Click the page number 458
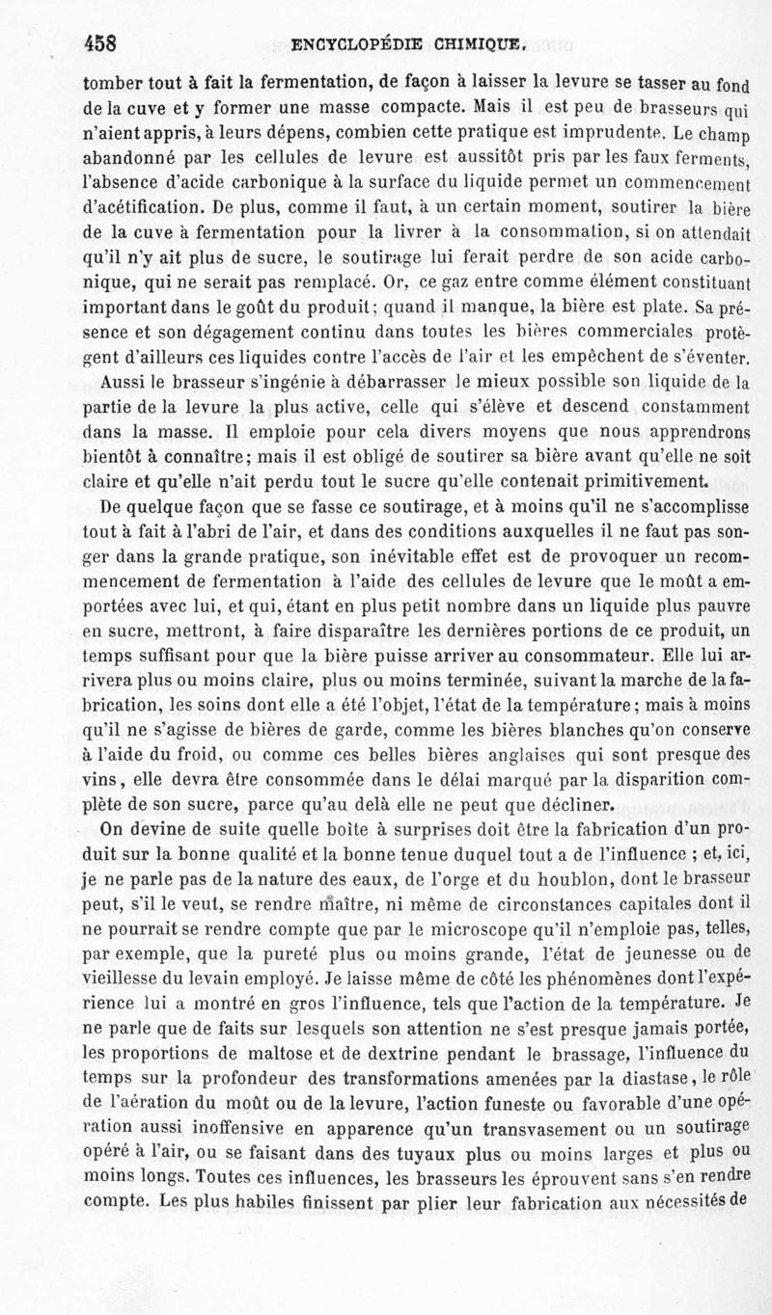[x=100, y=43]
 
